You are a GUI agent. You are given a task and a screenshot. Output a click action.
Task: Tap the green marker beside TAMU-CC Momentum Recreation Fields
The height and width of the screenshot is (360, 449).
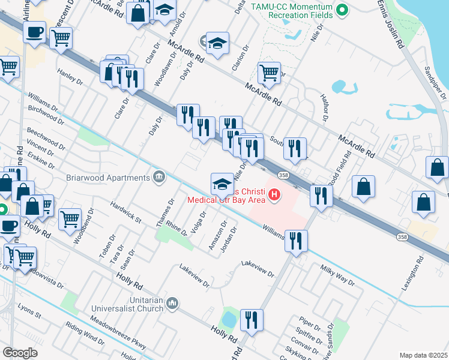[x=343, y=9]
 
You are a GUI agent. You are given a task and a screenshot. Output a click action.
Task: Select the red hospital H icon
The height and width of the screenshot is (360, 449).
[x=275, y=195]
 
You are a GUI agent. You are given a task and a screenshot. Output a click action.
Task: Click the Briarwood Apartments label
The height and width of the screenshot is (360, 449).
[x=108, y=178]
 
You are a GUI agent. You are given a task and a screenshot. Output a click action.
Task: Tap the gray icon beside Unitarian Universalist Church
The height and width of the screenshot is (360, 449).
[x=173, y=304]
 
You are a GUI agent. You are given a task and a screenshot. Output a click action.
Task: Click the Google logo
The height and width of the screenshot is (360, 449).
[x=20, y=353]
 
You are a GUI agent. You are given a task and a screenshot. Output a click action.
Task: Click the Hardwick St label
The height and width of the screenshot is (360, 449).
[x=125, y=212]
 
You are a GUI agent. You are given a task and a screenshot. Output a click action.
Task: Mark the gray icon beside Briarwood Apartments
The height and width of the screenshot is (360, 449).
[x=159, y=176]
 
